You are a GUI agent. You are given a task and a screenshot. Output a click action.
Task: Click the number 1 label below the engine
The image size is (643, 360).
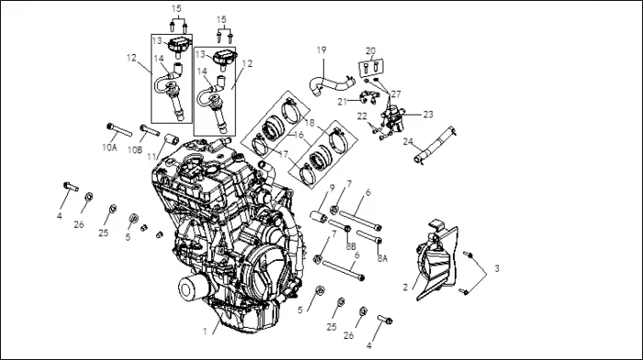[x=205, y=332]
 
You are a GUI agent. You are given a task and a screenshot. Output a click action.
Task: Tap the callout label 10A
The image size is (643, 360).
[x=109, y=148]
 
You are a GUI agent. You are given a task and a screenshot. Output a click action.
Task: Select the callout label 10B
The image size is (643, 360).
[x=134, y=150]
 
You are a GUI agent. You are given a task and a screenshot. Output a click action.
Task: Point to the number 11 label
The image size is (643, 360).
[x=152, y=157]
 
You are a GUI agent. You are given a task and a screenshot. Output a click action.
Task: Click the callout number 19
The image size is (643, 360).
[x=321, y=50]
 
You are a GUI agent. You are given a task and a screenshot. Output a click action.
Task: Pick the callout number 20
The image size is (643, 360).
[x=370, y=51]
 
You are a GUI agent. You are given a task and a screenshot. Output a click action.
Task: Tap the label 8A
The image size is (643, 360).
[x=382, y=258]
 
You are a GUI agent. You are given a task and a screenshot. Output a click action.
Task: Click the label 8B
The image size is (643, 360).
[x=351, y=247]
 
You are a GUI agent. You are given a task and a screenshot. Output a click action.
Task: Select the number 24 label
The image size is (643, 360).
[x=408, y=141]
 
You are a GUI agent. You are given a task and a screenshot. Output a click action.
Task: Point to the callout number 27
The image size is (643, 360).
[x=396, y=95]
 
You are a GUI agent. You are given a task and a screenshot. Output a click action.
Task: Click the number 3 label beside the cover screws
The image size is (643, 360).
[x=497, y=269]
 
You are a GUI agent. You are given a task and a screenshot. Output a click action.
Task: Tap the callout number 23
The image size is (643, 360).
[x=428, y=115]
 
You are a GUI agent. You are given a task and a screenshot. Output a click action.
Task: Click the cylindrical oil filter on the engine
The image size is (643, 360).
[x=191, y=287]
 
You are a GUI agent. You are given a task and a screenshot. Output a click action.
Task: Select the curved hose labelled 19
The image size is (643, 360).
[x=331, y=84]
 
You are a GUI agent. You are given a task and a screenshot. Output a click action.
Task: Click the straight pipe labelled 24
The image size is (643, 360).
[x=434, y=145]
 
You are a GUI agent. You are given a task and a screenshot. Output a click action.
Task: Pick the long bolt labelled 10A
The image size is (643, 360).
[x=119, y=129]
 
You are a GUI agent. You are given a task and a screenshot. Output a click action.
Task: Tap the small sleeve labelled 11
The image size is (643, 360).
[x=172, y=140]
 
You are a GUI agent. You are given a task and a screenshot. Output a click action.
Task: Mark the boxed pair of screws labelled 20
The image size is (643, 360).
[x=371, y=68]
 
